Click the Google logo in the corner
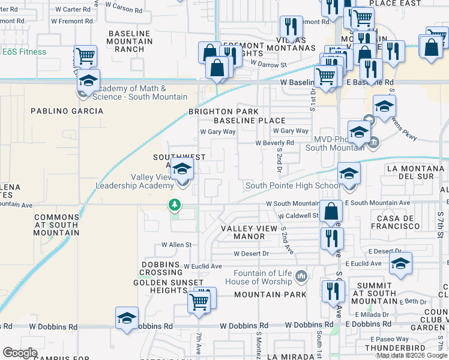[x=20, y=353]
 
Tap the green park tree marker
[x=175, y=206]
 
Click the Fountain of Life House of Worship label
[x=258, y=278]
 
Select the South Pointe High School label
[x=292, y=186]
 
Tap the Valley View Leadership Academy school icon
[x=182, y=169]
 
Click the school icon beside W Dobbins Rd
[x=127, y=318]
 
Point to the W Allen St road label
[x=176, y=245]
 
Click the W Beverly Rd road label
[x=274, y=143]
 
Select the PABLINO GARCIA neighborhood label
[x=67, y=111]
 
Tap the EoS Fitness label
[x=24, y=52]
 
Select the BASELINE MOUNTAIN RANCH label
[x=130, y=41]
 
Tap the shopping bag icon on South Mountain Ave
[x=331, y=211]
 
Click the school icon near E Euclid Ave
[x=400, y=263]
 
